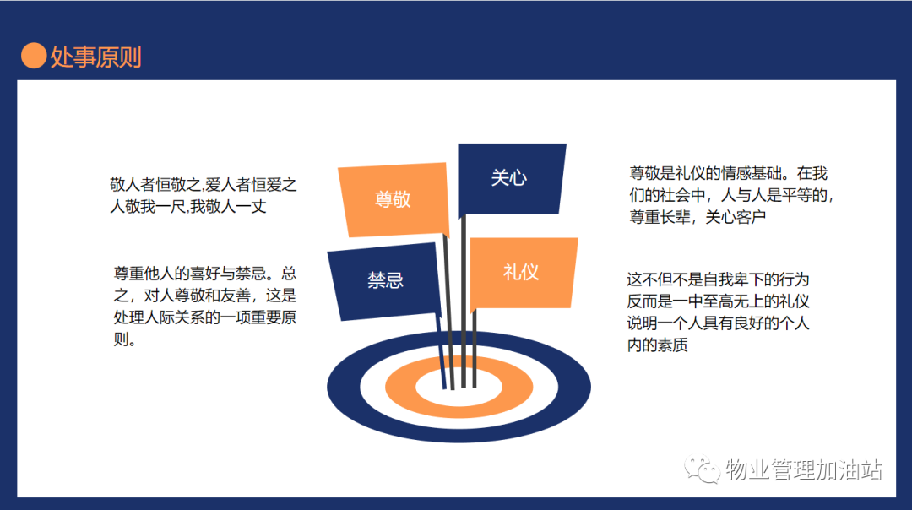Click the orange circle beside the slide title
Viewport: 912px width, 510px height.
(34, 56)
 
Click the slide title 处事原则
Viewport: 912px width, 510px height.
(95, 57)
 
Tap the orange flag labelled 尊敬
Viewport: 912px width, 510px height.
(394, 200)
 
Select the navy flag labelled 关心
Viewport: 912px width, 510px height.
(511, 178)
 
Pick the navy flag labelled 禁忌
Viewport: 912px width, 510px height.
(384, 281)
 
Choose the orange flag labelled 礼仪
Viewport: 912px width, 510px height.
(523, 272)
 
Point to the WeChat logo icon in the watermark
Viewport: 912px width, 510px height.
(702, 469)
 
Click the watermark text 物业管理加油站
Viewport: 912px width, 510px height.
(804, 469)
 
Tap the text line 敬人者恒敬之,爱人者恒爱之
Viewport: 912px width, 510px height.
(203, 185)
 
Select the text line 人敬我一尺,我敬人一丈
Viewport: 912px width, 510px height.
(187, 206)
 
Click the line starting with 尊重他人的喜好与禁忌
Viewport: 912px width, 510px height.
(204, 274)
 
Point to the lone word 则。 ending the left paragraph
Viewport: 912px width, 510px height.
(125, 339)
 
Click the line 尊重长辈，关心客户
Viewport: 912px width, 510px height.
(698, 218)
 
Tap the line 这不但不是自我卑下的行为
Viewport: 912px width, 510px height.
(718, 279)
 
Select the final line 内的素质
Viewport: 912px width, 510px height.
(657, 345)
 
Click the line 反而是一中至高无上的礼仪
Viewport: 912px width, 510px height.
(718, 301)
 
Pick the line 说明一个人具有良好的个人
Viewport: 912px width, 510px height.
(718, 323)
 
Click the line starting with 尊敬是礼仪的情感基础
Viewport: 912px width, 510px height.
(728, 173)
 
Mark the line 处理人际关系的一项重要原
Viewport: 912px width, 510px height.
(204, 317)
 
